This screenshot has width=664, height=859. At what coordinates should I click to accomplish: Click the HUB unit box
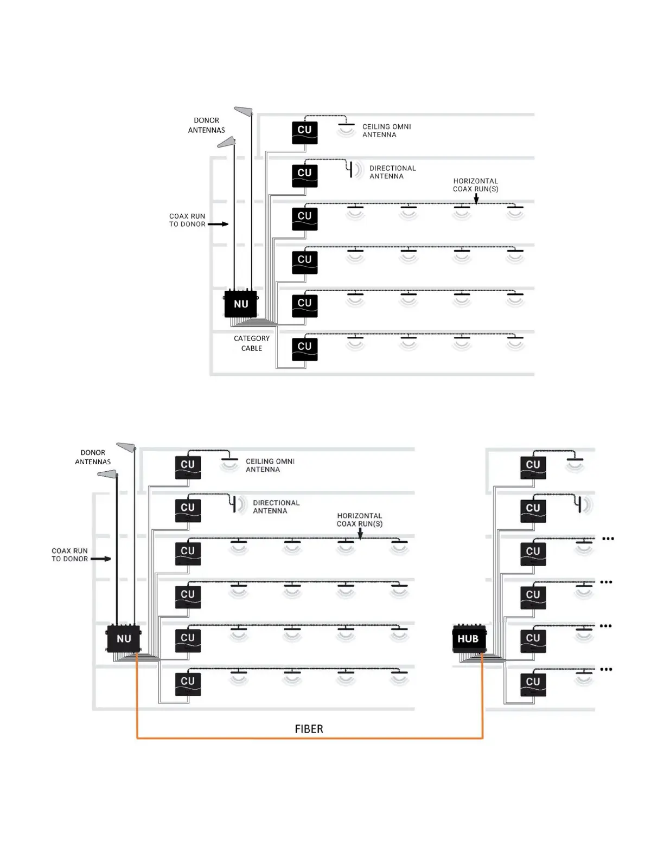pos(468,639)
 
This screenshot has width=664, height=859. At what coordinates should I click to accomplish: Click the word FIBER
pos(309,729)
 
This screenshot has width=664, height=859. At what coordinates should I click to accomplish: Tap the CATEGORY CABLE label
pos(251,343)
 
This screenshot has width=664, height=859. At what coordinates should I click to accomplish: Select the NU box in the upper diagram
pos(241,304)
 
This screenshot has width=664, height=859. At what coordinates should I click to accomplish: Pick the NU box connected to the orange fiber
pos(124,638)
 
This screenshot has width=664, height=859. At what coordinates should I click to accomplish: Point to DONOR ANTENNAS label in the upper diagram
pos(206,125)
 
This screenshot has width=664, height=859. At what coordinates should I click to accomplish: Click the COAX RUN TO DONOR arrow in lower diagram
pos(101,559)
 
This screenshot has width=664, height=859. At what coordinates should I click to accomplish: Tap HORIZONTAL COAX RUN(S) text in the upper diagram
pos(475,185)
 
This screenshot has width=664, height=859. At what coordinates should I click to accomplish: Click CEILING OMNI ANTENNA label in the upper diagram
pos(386,131)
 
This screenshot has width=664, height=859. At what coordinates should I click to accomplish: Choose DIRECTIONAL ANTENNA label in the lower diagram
pos(276,507)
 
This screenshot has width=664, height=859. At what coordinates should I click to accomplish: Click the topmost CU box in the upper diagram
pos(304,132)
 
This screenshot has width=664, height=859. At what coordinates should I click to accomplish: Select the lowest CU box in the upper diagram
pos(304,348)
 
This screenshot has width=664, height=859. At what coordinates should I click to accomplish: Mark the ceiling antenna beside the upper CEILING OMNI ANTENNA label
pos(346,129)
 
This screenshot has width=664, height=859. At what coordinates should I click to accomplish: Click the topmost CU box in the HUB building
pos(533,466)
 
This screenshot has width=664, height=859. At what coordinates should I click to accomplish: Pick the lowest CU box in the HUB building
pos(533,683)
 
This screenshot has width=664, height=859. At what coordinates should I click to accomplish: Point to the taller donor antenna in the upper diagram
pos(244,111)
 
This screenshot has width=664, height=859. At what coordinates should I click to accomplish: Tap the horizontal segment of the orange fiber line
pos(309,738)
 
